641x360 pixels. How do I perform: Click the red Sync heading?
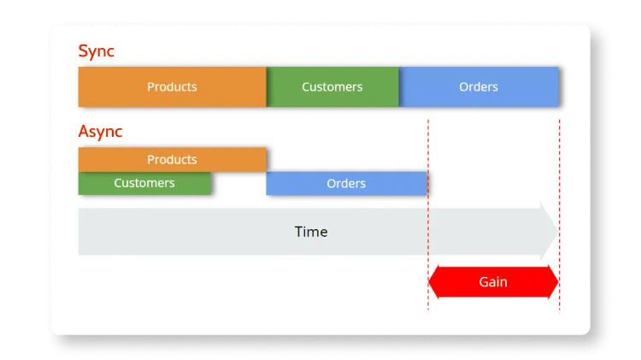(96, 51)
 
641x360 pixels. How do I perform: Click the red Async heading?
(100, 132)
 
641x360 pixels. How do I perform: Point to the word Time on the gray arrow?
(311, 232)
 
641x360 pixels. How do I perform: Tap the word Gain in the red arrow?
(493, 281)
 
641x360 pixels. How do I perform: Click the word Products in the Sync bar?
(172, 86)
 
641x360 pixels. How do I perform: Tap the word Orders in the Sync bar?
(479, 86)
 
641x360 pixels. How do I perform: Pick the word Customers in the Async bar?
(144, 183)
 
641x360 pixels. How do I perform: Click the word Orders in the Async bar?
(346, 183)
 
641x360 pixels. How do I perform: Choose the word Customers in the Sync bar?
(332, 86)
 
